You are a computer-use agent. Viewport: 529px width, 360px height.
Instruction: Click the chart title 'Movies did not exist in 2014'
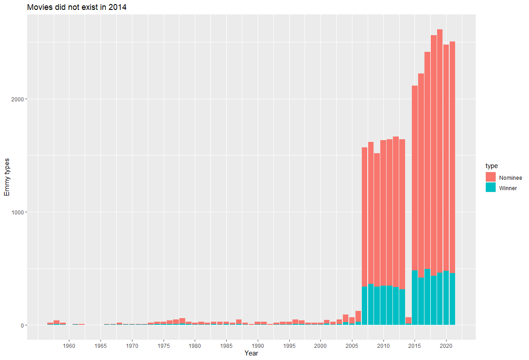[x=77, y=7]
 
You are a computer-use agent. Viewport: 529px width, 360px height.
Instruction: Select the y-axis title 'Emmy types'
[x=7, y=177]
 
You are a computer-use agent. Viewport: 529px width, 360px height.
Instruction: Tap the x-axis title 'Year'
[x=251, y=354]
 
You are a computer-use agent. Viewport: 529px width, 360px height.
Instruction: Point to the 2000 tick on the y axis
[x=17, y=99]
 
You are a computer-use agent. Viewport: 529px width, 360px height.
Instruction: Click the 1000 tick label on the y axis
[x=17, y=212]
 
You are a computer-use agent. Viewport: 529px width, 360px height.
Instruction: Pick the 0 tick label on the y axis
[x=21, y=325]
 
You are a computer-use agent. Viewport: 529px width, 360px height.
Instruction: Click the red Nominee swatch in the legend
[x=491, y=177]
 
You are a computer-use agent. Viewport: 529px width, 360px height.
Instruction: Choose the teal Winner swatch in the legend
[x=491, y=188]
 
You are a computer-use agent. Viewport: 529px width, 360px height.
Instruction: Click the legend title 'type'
[x=492, y=166]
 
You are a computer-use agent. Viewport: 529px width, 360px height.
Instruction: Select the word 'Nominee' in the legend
[x=511, y=178]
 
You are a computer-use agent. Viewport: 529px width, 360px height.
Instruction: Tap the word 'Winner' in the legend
[x=508, y=188]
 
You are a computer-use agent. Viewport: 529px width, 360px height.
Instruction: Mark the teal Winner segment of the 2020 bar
[x=446, y=298]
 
